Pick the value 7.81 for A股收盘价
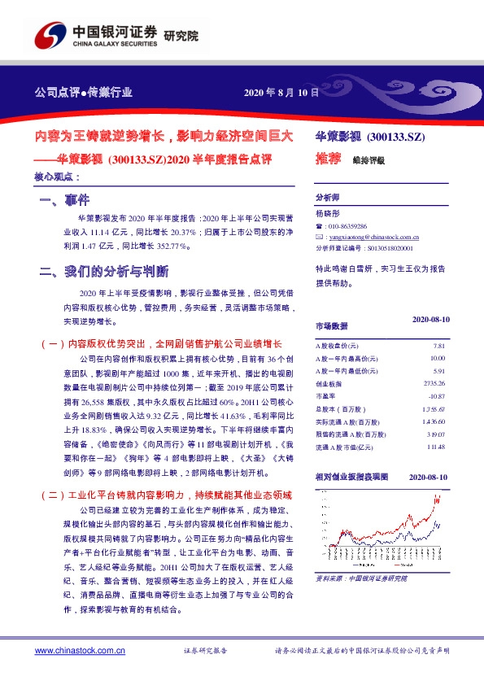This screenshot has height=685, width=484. (439, 346)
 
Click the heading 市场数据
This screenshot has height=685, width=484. (331, 326)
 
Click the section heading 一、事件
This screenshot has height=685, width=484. (64, 200)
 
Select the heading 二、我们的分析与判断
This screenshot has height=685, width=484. (104, 271)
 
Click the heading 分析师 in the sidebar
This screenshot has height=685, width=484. (326, 198)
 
